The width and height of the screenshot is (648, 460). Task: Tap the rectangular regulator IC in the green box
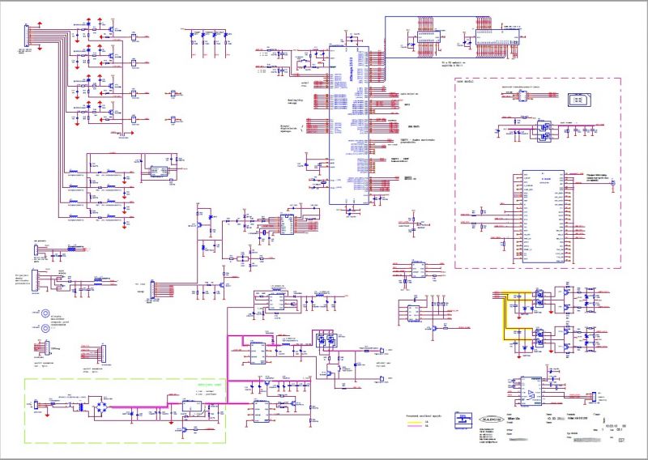point(192,404)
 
